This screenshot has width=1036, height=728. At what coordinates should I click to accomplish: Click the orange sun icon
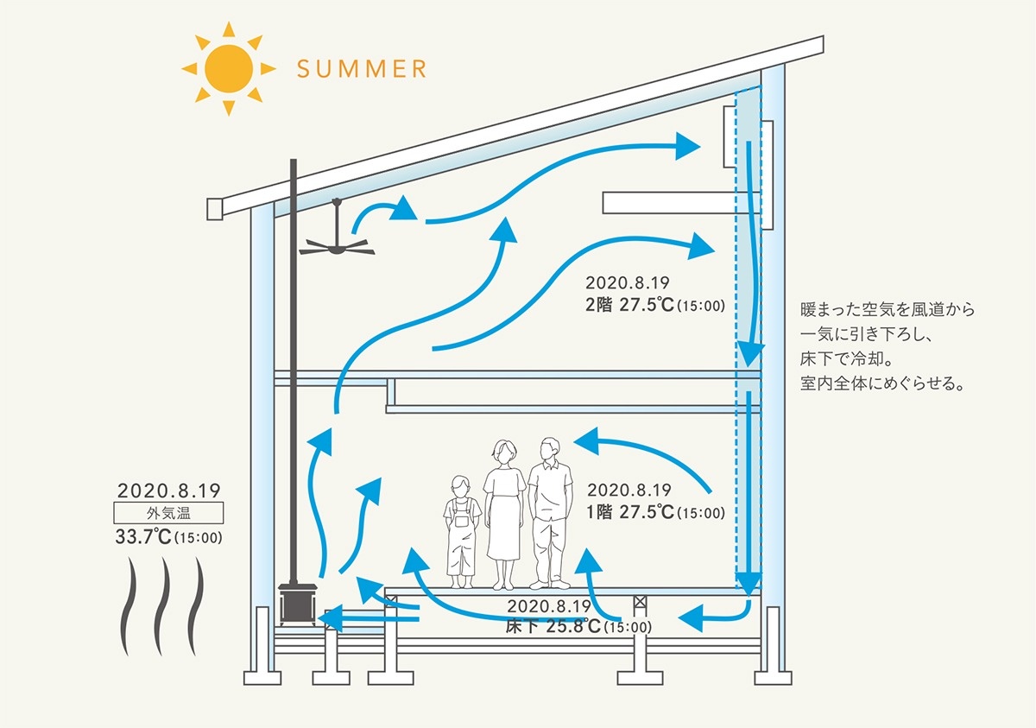(x=229, y=67)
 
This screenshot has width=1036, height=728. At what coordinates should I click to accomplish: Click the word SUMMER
(x=361, y=68)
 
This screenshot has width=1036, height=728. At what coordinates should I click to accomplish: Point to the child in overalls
(x=462, y=527)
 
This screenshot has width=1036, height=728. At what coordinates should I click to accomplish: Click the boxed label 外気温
(x=169, y=513)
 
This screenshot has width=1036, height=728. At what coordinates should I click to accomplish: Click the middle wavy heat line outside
(x=164, y=606)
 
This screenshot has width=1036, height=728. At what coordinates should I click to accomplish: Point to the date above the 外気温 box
(x=169, y=490)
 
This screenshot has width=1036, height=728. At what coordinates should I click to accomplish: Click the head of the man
(x=549, y=449)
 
